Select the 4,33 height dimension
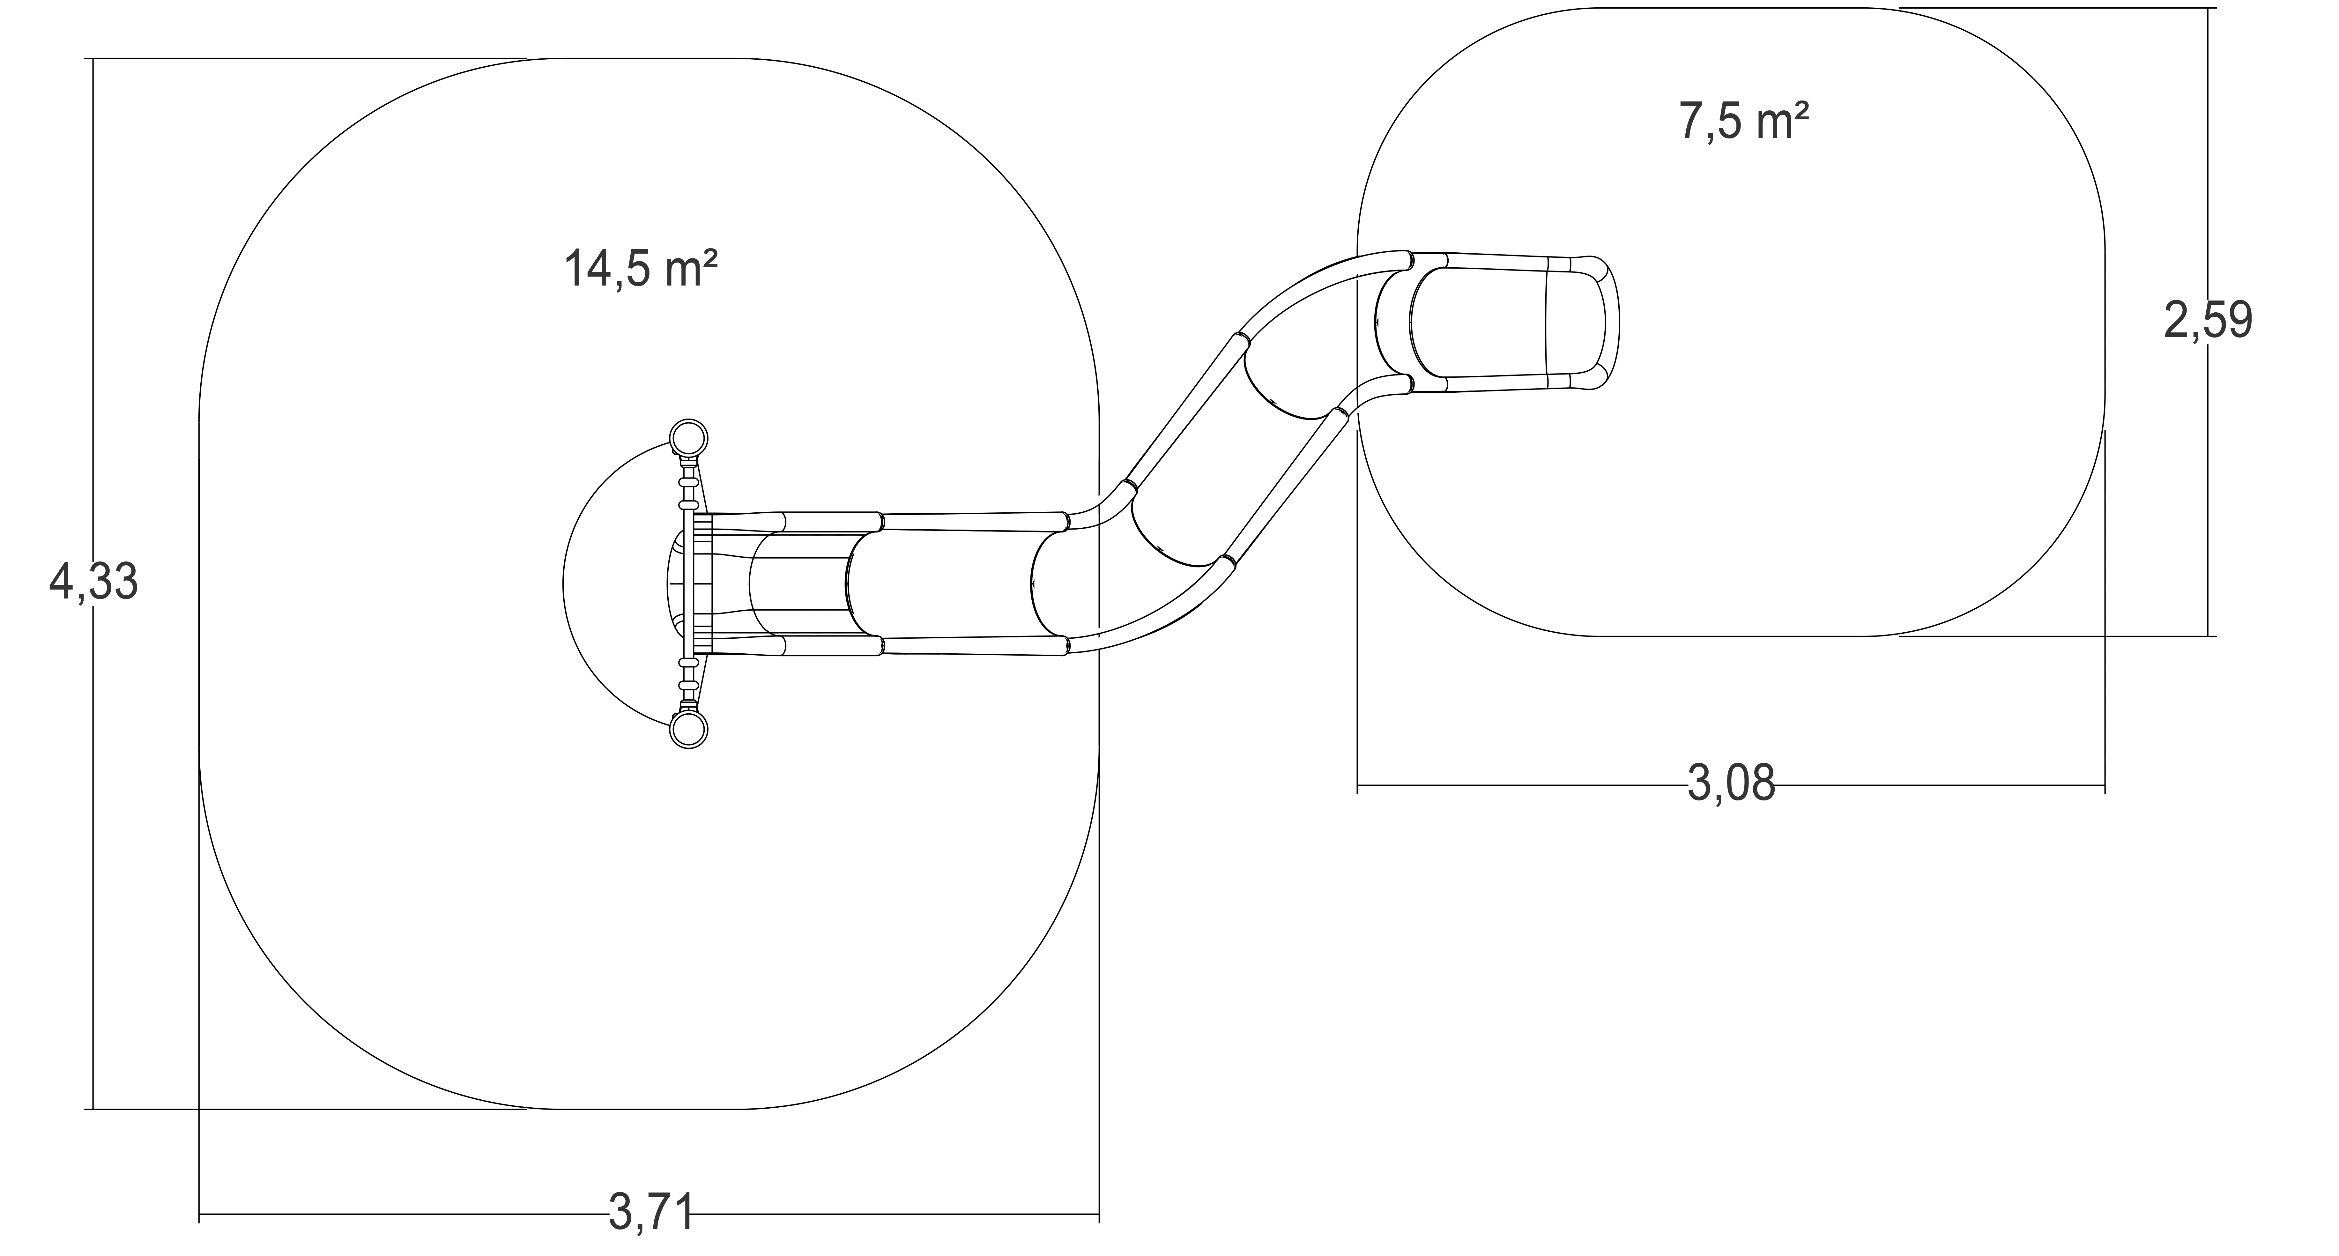93,582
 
